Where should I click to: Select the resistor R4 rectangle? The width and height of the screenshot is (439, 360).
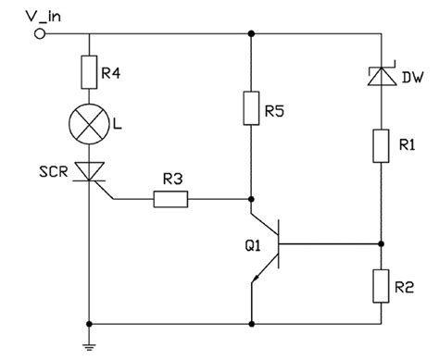(90, 70)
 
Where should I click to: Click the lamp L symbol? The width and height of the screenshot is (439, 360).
(90, 122)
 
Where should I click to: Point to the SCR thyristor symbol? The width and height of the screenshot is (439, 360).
(90, 169)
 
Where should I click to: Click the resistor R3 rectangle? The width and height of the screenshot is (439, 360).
(173, 198)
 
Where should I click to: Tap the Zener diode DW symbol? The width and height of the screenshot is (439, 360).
(381, 79)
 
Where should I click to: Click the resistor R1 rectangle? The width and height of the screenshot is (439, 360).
(381, 145)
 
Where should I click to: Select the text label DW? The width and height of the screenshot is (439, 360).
(412, 78)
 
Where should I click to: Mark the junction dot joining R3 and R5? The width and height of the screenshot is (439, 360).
(251, 198)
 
